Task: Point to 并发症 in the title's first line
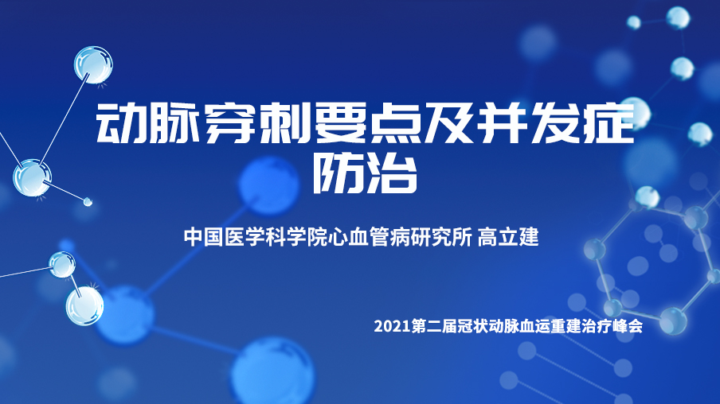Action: [x=555, y=123]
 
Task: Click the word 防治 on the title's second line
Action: [x=365, y=173]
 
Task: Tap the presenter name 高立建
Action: [x=508, y=237]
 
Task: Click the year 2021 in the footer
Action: [x=392, y=326]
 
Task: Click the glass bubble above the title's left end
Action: [x=93, y=64]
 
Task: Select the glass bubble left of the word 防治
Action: [x=32, y=178]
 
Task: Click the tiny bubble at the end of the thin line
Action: [x=88, y=201]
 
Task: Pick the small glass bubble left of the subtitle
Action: [x=62, y=265]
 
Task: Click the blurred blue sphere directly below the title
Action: [x=269, y=185]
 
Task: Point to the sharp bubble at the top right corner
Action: [x=679, y=17]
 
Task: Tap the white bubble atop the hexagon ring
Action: [x=647, y=197]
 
